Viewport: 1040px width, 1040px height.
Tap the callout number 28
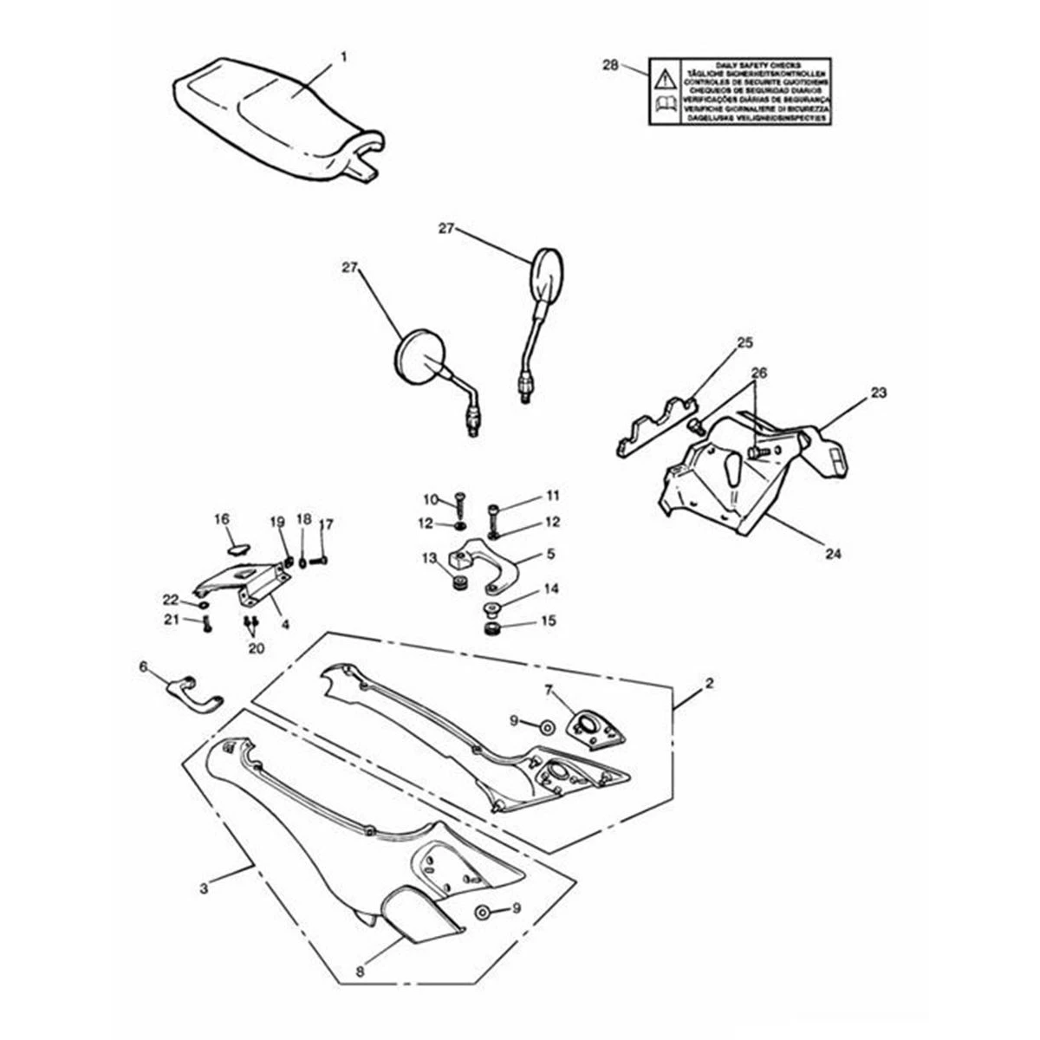click(x=610, y=65)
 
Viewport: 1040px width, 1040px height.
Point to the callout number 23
click(x=879, y=393)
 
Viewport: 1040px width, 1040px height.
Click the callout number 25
click(x=744, y=343)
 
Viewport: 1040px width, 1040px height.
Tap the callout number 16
click(x=222, y=519)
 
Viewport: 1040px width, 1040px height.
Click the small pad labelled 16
click(x=238, y=548)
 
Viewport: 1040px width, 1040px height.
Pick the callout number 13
click(x=428, y=559)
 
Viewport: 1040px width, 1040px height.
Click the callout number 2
click(x=710, y=684)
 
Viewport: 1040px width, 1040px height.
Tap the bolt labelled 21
click(x=207, y=624)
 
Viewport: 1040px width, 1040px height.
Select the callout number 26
click(x=759, y=373)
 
